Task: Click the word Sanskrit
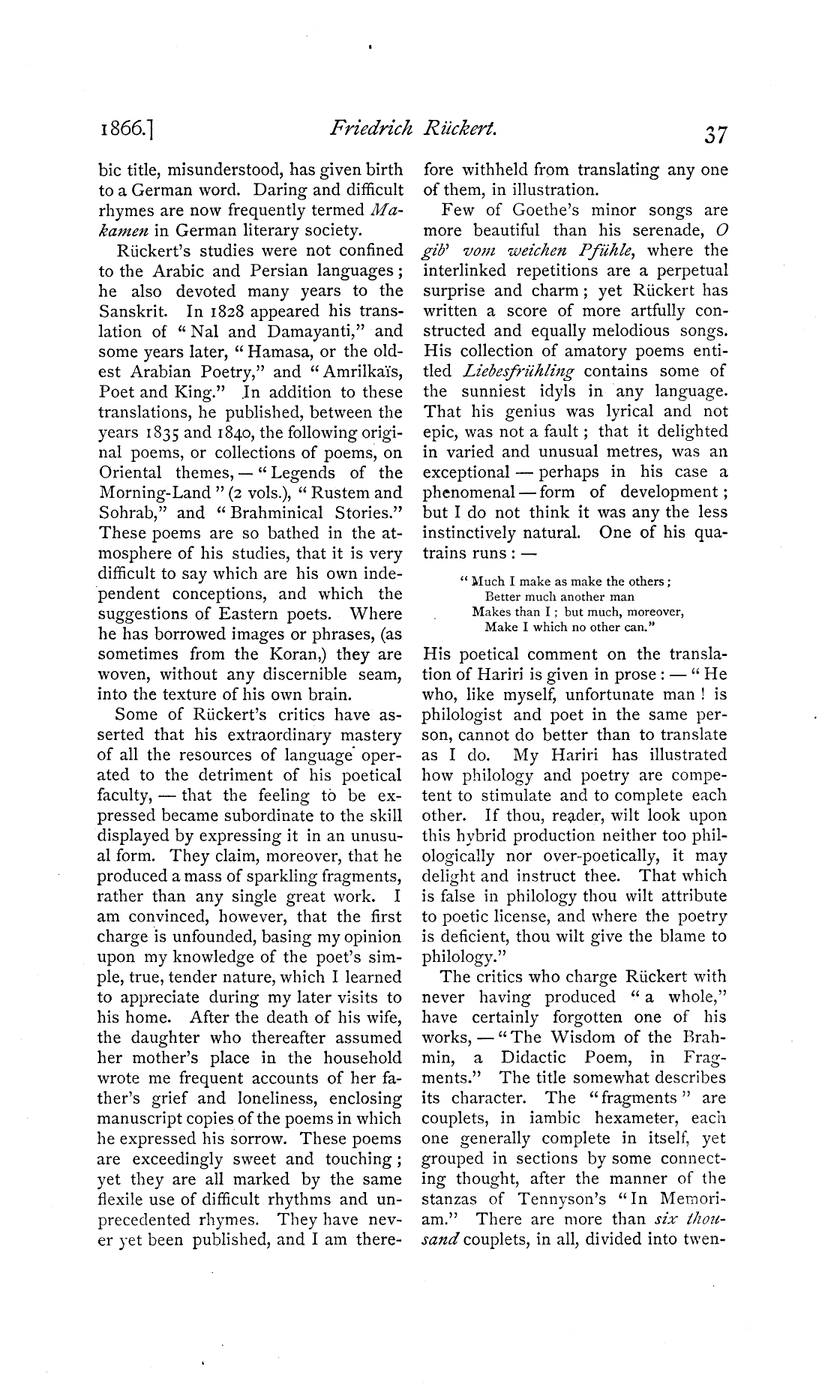[x=129, y=311]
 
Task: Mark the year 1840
[x=228, y=433]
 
